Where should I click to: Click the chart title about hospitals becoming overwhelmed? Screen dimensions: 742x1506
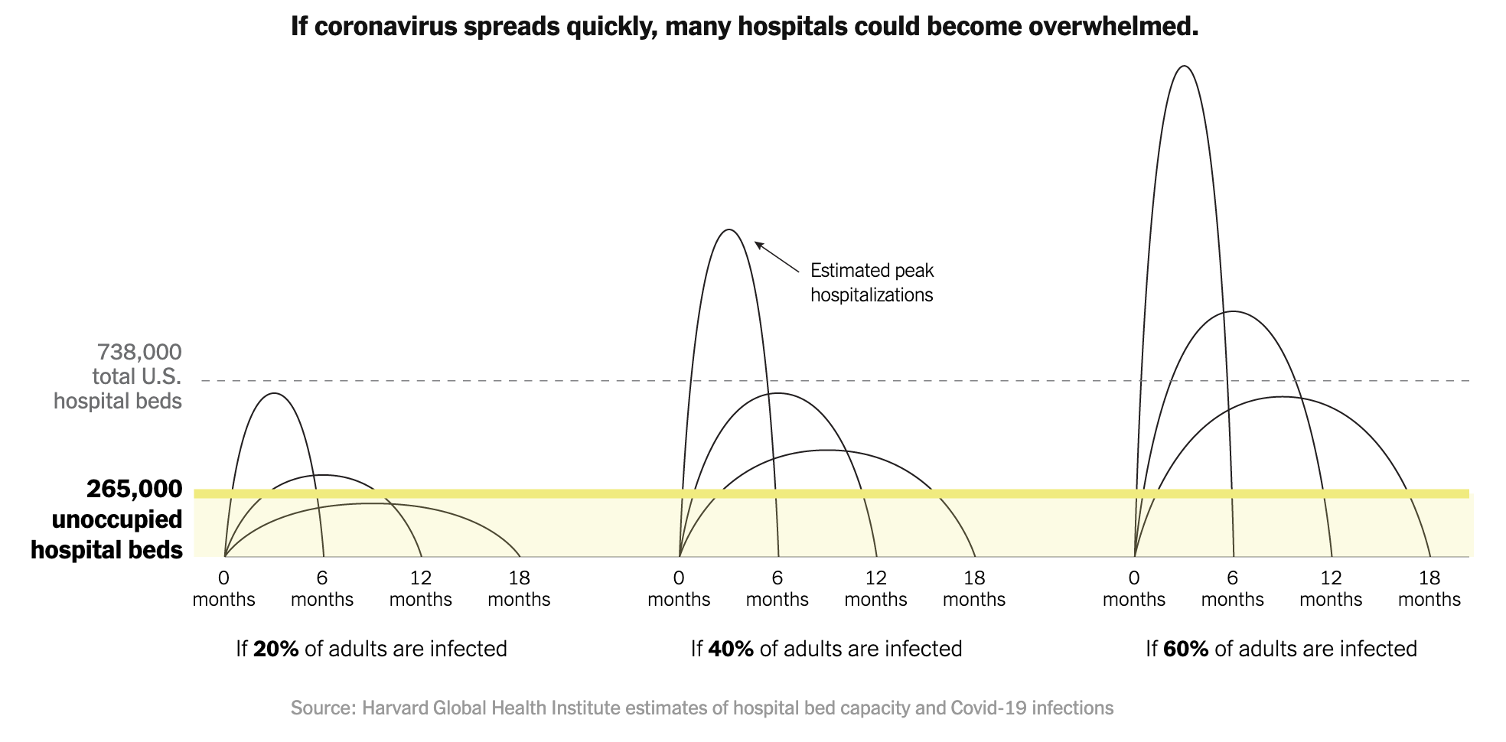744,27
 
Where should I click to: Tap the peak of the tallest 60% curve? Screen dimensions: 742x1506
1183,67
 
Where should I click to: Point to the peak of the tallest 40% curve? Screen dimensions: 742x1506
729,230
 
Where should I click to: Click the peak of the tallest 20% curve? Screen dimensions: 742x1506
274,394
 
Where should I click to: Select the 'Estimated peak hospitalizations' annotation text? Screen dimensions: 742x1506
872,282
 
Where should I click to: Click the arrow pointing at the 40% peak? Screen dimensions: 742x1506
776,257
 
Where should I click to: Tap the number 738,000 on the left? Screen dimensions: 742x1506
139,353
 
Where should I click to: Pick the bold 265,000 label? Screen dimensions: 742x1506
135,489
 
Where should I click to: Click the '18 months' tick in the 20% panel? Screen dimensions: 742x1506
519,588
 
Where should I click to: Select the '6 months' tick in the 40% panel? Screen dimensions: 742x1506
777,588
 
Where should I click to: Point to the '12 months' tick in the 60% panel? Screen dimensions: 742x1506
1331,588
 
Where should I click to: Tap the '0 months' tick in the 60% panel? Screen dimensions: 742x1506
1134,588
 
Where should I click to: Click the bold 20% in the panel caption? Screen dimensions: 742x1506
275,649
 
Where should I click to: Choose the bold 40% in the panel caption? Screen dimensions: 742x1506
731,649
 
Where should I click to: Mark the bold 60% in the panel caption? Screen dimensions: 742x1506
1185,649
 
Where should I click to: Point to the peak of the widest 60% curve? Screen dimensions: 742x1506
1282,397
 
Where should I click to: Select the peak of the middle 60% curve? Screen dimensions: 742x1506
1232,312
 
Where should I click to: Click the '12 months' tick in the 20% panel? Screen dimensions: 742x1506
420,588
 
